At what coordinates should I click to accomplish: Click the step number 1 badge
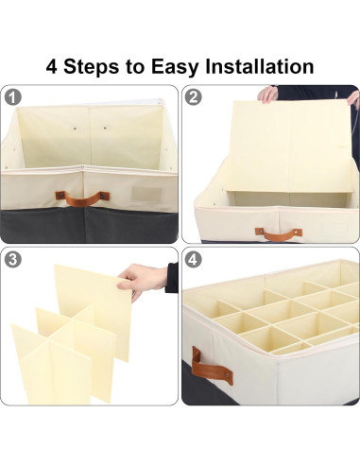pyautogui.click(x=13, y=96)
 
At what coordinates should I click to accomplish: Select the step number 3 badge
pyautogui.click(x=13, y=259)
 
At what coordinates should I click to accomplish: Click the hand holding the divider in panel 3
pyautogui.click(x=146, y=279)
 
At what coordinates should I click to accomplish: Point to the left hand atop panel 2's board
pyautogui.click(x=268, y=94)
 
